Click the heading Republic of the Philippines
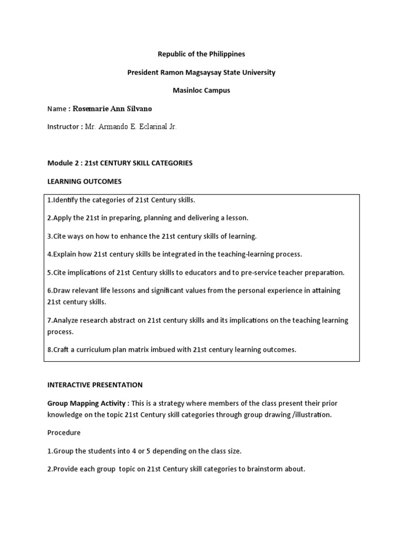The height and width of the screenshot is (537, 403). pos(201,54)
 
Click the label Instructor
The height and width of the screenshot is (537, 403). pos(64,127)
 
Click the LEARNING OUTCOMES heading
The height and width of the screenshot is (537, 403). pos(84,181)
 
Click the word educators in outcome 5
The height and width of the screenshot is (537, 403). pos(220,272)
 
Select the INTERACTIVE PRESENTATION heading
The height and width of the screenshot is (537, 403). pos(95,385)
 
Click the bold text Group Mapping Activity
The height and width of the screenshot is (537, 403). pos(87,403)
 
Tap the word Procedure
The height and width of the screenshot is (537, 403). pos(64,433)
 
